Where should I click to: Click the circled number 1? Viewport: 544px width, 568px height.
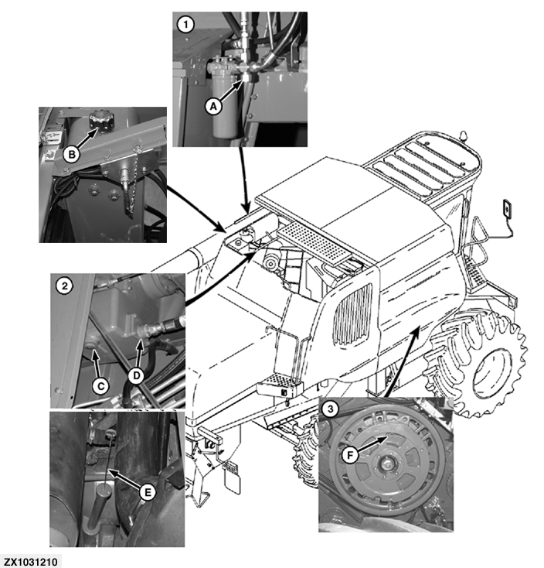(x=185, y=24)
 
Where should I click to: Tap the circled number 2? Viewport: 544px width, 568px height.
(x=66, y=286)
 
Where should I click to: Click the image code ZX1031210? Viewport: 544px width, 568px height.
(x=32, y=560)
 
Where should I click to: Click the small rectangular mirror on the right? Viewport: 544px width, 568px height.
(x=506, y=210)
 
